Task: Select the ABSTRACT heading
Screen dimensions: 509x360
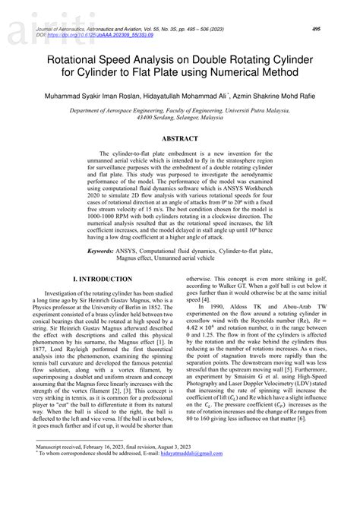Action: tap(180, 139)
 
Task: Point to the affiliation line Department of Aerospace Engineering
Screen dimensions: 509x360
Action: tap(179, 111)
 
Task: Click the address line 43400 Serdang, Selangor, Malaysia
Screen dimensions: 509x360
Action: tap(180, 119)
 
